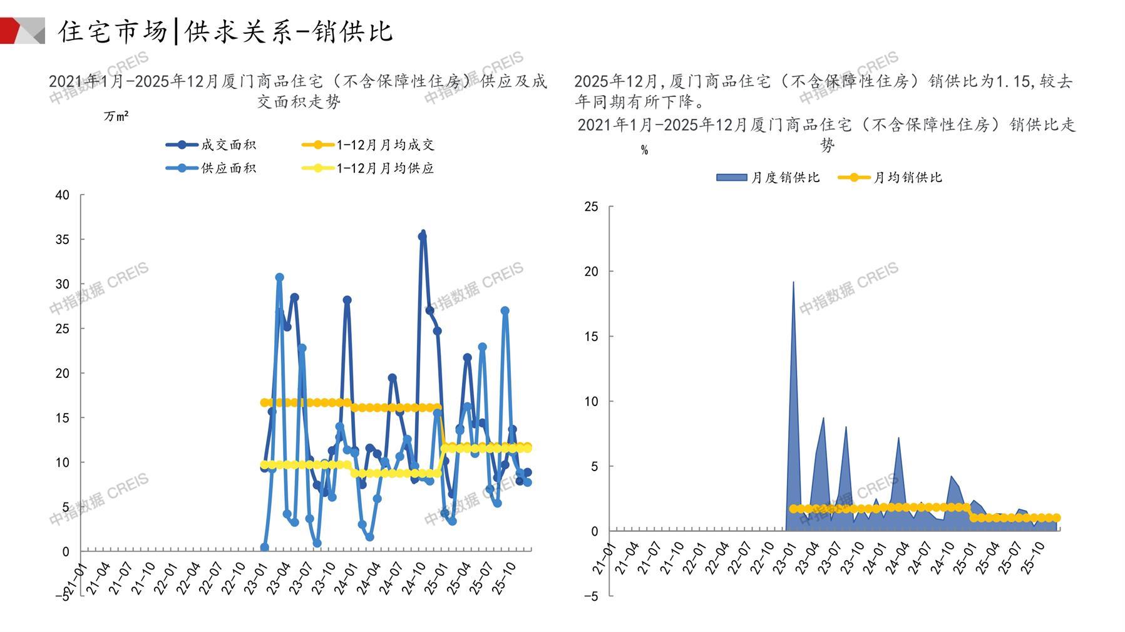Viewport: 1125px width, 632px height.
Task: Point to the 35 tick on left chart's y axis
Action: (62, 240)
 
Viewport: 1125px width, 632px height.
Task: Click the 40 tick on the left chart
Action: (62, 195)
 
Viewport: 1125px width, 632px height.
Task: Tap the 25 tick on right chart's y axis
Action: (590, 207)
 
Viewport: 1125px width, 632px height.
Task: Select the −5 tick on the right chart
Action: (590, 597)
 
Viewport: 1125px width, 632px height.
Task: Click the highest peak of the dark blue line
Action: (423, 234)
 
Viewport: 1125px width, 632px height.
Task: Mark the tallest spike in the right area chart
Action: (793, 283)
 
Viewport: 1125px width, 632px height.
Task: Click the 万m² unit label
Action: (116, 116)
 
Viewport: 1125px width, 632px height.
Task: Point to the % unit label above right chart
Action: (644, 150)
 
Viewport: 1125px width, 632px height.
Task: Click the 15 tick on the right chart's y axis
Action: (590, 337)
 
